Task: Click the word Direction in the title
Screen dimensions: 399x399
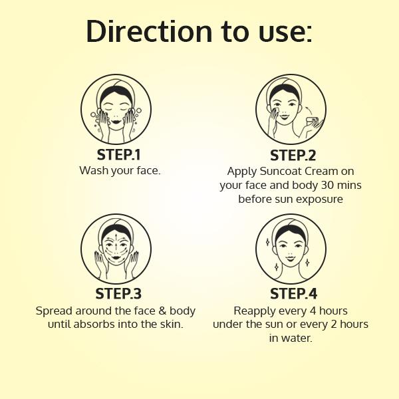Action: [x=149, y=31]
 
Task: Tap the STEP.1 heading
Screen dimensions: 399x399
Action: [x=118, y=154]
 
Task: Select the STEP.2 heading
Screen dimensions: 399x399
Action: [x=293, y=155]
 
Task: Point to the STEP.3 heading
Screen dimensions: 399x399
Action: [x=118, y=293]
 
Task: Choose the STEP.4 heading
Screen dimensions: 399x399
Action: [x=294, y=293]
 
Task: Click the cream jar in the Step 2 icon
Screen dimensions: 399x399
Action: [x=313, y=121]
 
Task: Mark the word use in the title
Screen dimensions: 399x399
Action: [x=285, y=33]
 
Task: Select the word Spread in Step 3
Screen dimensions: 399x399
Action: [x=54, y=311]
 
